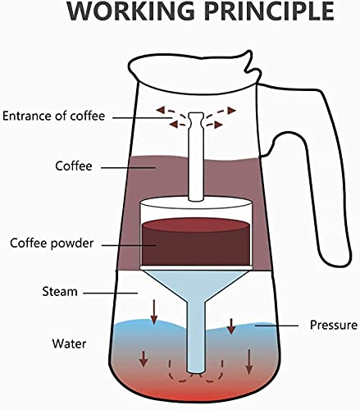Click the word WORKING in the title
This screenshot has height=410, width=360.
(131, 11)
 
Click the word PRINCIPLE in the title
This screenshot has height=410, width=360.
(269, 11)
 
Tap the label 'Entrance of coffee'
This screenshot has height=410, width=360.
(53, 116)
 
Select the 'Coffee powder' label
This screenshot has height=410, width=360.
(52, 243)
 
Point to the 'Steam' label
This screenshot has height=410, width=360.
(60, 292)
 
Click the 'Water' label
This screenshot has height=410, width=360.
(69, 344)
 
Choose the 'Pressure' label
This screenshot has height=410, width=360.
(334, 325)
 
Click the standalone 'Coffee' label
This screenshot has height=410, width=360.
(74, 166)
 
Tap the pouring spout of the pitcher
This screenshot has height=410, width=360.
(250, 64)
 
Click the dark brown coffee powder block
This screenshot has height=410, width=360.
(196, 242)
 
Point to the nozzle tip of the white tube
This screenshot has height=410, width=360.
(196, 117)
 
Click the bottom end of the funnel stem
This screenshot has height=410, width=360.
(196, 371)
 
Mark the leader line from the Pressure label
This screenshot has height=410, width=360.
(276, 326)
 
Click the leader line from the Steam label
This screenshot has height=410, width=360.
(110, 293)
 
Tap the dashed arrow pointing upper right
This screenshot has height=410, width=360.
(221, 112)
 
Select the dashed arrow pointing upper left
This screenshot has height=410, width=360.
(171, 112)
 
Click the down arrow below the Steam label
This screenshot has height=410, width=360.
(154, 312)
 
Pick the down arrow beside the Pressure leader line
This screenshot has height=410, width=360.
(231, 326)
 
